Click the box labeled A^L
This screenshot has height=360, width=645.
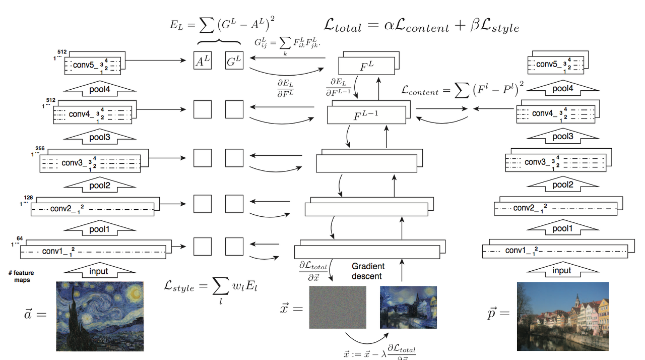pyautogui.click(x=203, y=61)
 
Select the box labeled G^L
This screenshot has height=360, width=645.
pyautogui.click(x=234, y=61)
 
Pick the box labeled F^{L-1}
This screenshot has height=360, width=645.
pyautogui.click(x=366, y=115)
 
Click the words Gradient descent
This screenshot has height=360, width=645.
pyautogui.click(x=368, y=271)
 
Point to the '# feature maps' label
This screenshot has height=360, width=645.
pyautogui.click(x=21, y=276)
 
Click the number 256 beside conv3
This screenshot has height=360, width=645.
pyautogui.click(x=40, y=149)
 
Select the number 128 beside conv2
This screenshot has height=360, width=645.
pyautogui.click(x=28, y=198)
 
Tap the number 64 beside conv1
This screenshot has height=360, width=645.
pyautogui.click(x=20, y=238)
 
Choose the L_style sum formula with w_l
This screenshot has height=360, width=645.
pyautogui.click(x=211, y=288)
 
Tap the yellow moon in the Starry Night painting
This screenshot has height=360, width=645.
pyautogui.click(x=135, y=291)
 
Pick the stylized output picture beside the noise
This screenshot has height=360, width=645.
pyautogui.click(x=408, y=307)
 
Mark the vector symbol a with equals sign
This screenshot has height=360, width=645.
pyautogui.click(x=35, y=314)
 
